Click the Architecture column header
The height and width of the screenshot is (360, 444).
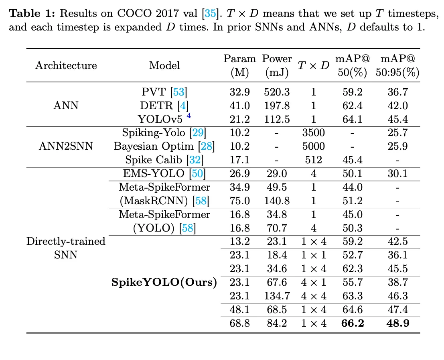(66, 65)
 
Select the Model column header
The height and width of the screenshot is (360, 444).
(164, 65)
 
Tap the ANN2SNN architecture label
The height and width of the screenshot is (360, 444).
(66, 146)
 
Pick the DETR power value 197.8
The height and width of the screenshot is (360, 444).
(277, 106)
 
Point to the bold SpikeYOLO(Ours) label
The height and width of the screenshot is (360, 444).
(164, 283)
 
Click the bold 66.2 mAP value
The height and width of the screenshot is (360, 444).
(353, 323)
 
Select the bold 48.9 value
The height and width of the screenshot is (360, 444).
(398, 323)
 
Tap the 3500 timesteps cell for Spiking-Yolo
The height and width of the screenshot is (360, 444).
(314, 132)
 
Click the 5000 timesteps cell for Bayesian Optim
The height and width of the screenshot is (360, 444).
(314, 146)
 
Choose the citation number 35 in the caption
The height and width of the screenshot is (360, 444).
(210, 13)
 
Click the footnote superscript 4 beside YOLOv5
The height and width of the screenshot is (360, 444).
(189, 116)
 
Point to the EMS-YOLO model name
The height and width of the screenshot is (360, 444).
(154, 173)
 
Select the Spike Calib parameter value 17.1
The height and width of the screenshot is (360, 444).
(239, 160)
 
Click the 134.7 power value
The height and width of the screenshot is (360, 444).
(277, 296)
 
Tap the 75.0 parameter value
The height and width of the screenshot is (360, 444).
(239, 201)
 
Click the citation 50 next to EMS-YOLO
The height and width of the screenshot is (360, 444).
(197, 173)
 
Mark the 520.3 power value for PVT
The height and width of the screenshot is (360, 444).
(277, 92)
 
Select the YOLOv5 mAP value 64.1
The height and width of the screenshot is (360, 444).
(353, 119)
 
